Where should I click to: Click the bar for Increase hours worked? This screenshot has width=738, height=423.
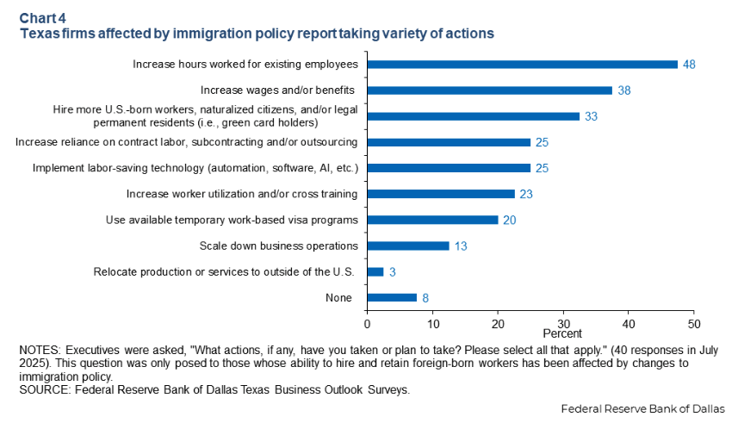(522, 65)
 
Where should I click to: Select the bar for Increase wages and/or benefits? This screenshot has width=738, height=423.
(489, 90)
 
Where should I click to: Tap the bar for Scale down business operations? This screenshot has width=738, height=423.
(408, 246)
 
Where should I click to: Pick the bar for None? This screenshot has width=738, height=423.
(392, 297)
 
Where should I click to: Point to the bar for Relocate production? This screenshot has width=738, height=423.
(375, 271)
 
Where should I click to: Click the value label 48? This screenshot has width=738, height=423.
(688, 65)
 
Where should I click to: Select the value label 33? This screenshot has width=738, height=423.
(591, 116)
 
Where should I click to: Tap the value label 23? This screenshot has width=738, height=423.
(525, 194)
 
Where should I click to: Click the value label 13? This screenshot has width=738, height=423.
(460, 246)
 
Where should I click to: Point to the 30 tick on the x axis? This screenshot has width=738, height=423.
(563, 323)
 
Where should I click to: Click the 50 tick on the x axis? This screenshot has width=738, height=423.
(694, 323)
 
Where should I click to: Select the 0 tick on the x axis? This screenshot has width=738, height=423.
(368, 323)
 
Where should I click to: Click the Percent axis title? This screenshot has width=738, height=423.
(562, 333)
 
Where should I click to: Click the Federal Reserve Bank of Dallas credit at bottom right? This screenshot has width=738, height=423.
(642, 407)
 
